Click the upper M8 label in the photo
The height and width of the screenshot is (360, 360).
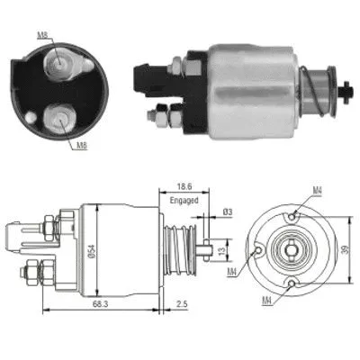[44, 36]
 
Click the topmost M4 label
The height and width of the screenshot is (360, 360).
[318, 189]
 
